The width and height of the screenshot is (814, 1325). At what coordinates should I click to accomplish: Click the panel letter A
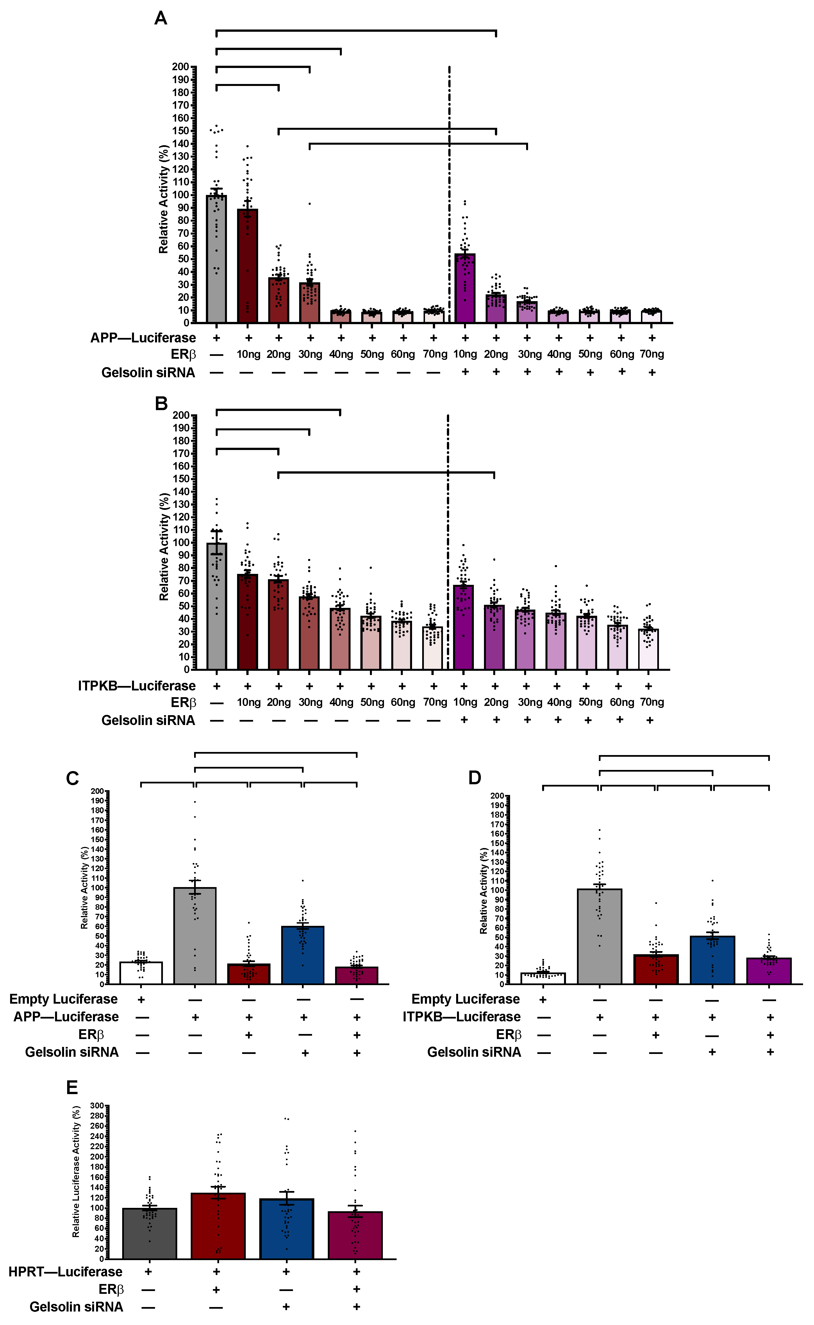(x=160, y=18)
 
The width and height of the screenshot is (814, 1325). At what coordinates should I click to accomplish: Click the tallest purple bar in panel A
(x=465, y=288)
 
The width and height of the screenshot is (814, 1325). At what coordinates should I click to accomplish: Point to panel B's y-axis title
(x=164, y=546)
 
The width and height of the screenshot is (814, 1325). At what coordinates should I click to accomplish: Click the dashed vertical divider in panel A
(x=449, y=194)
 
